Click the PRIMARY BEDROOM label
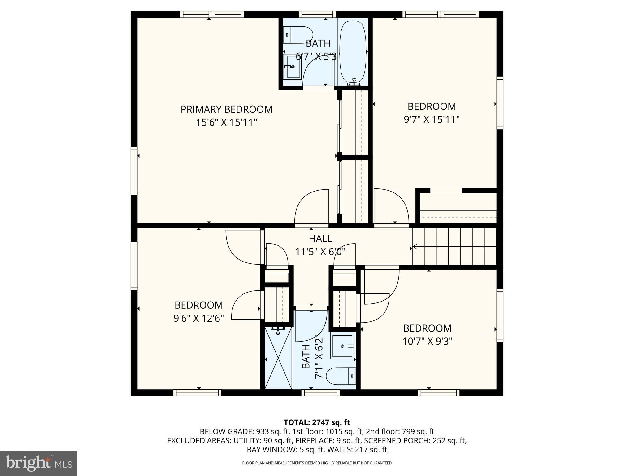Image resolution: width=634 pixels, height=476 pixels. click(x=227, y=109)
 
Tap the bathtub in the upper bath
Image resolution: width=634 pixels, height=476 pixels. click(x=353, y=53)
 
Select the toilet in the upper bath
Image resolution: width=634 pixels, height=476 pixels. click(x=298, y=35)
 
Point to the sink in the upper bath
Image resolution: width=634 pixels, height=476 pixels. click(x=293, y=67)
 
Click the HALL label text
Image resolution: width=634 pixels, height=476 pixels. click(x=320, y=239)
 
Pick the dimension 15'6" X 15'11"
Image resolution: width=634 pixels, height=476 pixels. click(x=227, y=123)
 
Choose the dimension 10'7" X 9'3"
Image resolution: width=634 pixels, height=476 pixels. click(x=428, y=342)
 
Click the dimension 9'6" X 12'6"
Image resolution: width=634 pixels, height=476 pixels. click(x=199, y=319)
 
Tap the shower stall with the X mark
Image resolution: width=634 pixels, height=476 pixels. click(x=279, y=358)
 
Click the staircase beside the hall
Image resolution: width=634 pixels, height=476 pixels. click(x=454, y=247)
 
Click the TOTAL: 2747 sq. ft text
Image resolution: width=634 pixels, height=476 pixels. click(x=317, y=422)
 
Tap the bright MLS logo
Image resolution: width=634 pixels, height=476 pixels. click(x=39, y=463)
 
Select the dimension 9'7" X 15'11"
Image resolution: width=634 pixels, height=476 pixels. click(x=432, y=120)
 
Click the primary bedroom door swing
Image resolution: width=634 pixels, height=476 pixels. click(x=311, y=206)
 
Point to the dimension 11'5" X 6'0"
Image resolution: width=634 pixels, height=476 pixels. click(x=320, y=252)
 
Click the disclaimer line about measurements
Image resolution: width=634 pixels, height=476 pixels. click(x=317, y=463)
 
